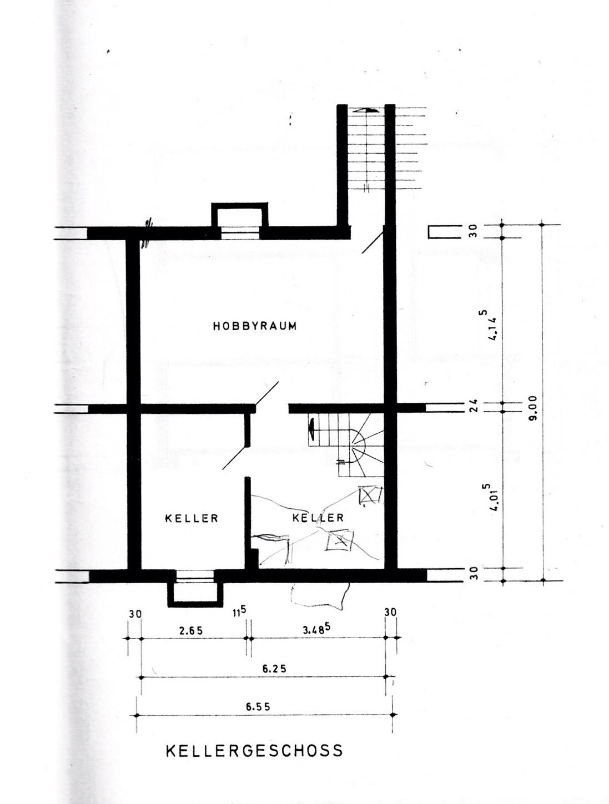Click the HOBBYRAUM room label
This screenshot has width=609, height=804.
254,326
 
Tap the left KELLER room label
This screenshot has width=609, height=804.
192,518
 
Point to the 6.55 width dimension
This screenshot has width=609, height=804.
258,705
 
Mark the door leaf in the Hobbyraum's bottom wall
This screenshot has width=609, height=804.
267,393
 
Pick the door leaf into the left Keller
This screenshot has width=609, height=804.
235,458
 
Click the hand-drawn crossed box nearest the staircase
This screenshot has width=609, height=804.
369,495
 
